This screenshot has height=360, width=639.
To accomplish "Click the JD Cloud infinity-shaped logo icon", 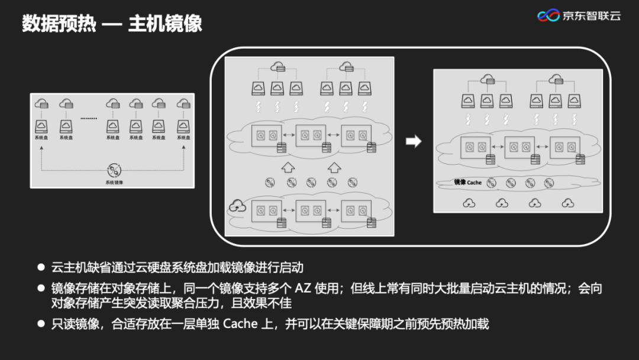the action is tap(548, 15).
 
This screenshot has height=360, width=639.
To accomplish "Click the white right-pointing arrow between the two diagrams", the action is tap(414, 141).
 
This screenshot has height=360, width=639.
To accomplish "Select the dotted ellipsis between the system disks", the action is tap(88, 118).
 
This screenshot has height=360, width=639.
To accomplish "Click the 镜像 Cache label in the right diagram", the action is tap(468, 182).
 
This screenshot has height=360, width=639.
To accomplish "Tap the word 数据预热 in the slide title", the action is tap(59, 23).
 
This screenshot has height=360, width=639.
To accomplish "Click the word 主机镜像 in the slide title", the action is tap(165, 23).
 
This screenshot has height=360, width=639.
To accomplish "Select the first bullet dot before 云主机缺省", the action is tap(41, 268).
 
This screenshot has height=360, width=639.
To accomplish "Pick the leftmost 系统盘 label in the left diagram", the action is tap(41, 137).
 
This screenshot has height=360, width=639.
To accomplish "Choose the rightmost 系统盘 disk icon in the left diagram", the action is tap(183, 126).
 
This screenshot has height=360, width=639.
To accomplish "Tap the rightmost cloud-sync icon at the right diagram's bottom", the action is tap(568, 203).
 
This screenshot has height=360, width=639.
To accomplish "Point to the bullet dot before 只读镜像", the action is tap(41, 324).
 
